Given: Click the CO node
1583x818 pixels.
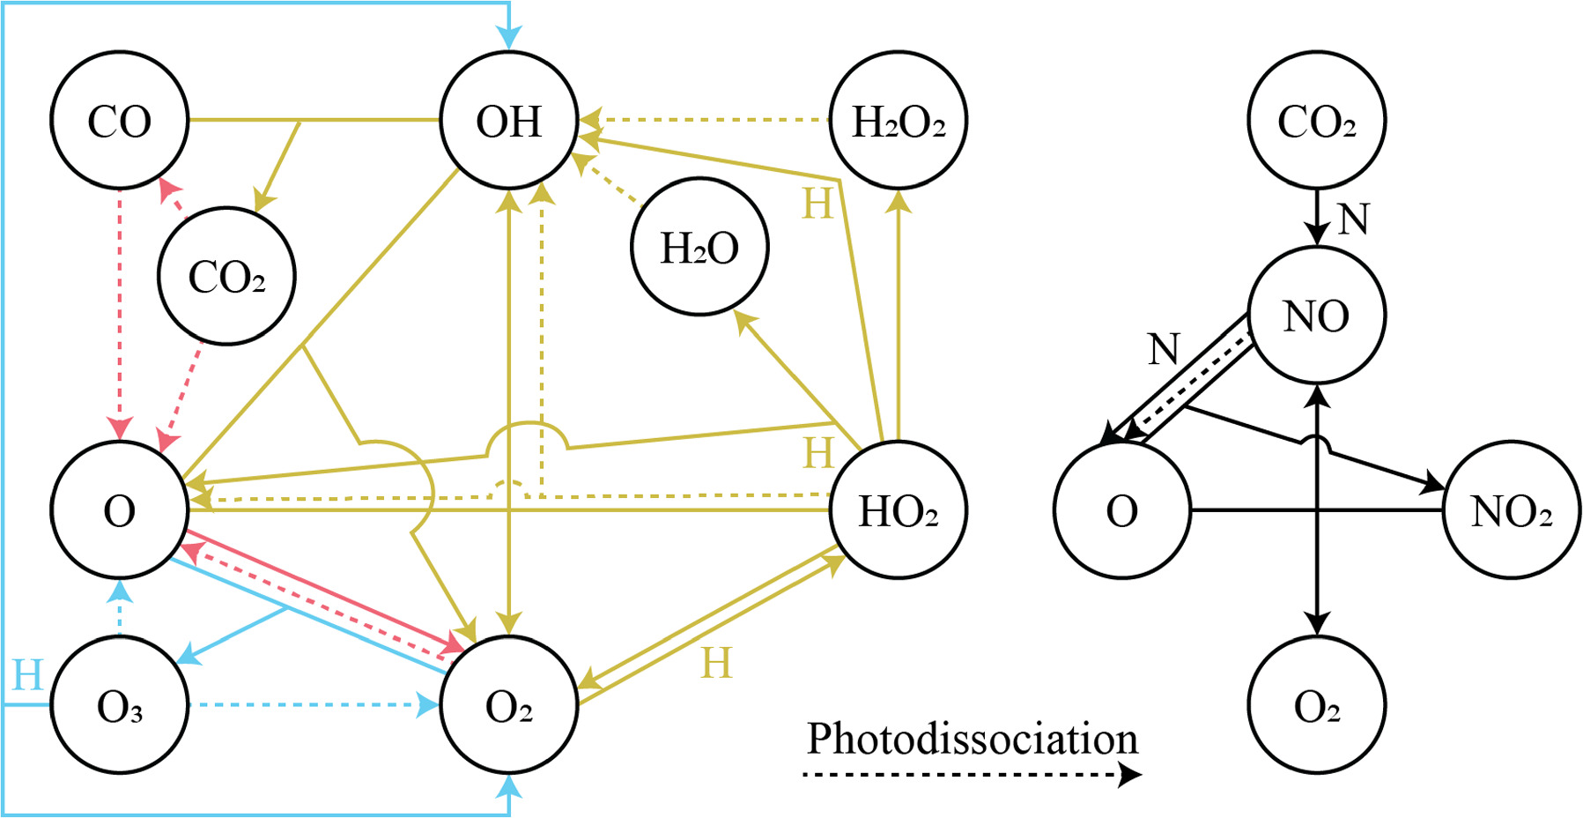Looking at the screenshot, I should pos(120,120).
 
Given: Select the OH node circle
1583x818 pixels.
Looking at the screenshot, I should pos(509,120).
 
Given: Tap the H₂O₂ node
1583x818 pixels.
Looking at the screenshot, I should pos(899,120).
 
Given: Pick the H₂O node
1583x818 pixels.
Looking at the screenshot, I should pos(699,247).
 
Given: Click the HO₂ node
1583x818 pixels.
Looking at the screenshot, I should pos(899,509).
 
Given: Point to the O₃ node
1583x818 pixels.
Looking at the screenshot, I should pos(120,705).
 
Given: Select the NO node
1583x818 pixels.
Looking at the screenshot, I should pos(1316,316).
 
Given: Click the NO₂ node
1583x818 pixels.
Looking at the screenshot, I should pos(1512,509).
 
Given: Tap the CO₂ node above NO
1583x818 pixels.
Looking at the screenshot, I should pos(1316,120).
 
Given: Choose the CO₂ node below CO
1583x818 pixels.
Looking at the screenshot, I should pos(226,276).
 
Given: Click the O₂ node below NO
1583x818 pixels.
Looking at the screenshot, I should pos(1316,705).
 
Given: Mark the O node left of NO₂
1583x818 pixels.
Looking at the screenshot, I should pos(1121,509).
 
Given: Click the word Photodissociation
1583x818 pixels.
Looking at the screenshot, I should pos(973,739).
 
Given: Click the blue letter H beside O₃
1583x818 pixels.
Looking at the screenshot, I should pos(27,675).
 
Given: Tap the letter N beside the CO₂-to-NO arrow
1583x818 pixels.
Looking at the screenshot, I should pos(1353,219).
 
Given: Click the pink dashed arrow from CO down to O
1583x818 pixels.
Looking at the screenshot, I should pos(120,309).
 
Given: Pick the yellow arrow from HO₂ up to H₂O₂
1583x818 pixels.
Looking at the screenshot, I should pos(899,317).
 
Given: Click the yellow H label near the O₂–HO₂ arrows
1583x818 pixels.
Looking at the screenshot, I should pos(716,663).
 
